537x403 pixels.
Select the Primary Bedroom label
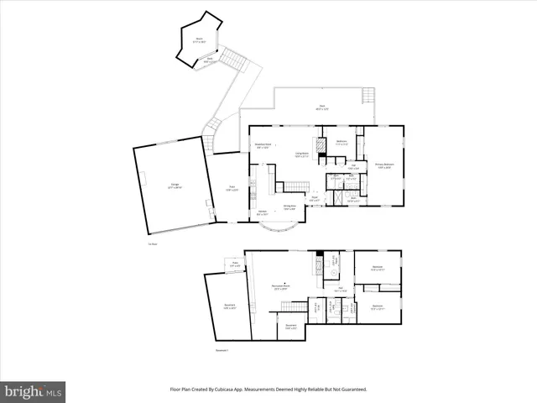[384, 165]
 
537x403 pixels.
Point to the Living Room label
[301, 154]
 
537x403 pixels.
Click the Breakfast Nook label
[263, 146]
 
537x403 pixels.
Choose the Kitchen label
[263, 212]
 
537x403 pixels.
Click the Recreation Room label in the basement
[282, 289]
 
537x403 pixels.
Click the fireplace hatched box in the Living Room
[316, 144]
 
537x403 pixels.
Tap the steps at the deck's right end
[366, 95]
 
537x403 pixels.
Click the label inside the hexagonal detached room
[200, 39]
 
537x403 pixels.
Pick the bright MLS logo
[33, 390]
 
